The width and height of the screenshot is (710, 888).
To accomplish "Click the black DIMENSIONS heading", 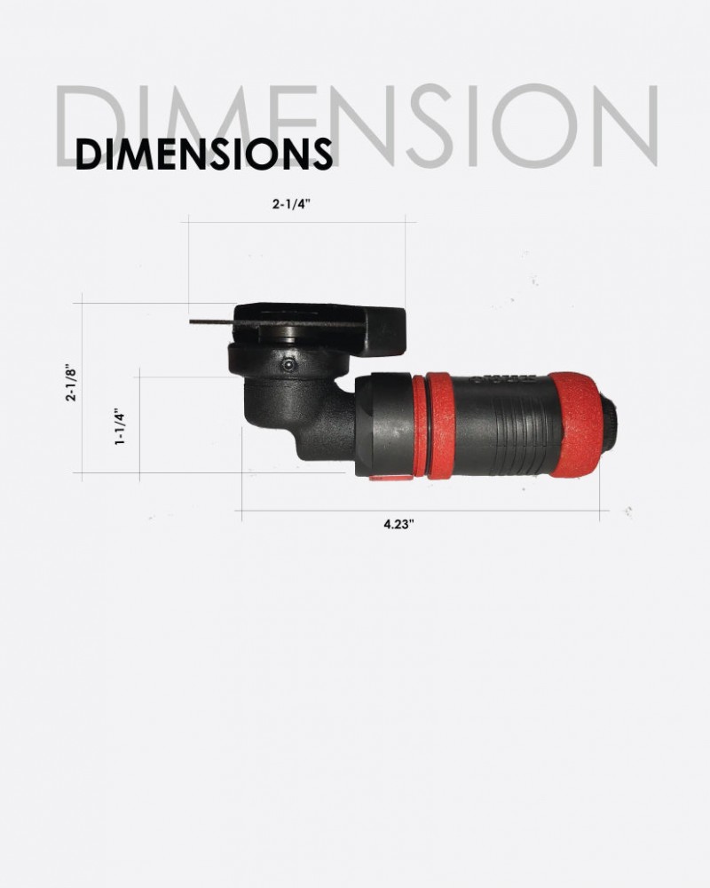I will pos(203,154).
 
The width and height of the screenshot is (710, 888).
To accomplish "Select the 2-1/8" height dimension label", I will pos(70,381).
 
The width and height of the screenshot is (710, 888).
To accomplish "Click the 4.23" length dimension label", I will pos(398,524).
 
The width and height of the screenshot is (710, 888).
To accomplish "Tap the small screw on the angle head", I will pos(287,365).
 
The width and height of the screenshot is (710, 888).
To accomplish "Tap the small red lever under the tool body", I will pos(390,477).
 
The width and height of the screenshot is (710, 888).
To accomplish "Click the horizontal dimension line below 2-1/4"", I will pos(296,222).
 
